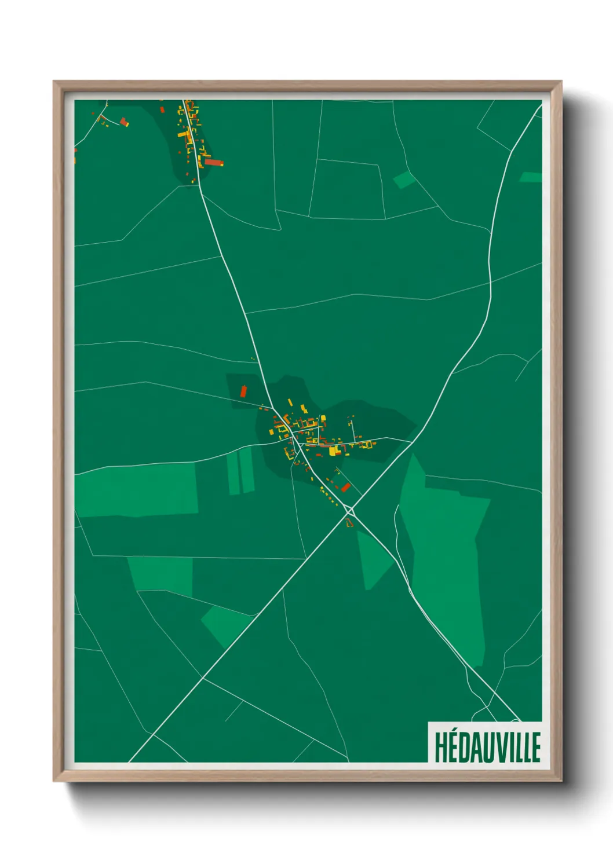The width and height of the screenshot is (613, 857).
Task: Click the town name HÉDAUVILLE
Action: coord(487,747)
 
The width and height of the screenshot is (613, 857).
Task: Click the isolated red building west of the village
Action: coord(243,391)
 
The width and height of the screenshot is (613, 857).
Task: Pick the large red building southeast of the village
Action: coord(346,487)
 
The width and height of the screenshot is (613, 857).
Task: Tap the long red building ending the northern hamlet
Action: coord(214,163)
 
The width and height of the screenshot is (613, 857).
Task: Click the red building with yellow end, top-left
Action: coord(124,122)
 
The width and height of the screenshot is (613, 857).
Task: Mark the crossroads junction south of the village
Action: coord(350,511)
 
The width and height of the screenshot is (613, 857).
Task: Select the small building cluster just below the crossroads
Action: coord(349,523)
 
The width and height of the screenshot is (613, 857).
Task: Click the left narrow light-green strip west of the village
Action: coord(233,473)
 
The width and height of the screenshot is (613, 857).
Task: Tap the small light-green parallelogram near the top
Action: coord(404,180)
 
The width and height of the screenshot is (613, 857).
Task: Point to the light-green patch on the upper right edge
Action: coord(531,177)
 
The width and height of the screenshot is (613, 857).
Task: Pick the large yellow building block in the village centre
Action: coord(333,451)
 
